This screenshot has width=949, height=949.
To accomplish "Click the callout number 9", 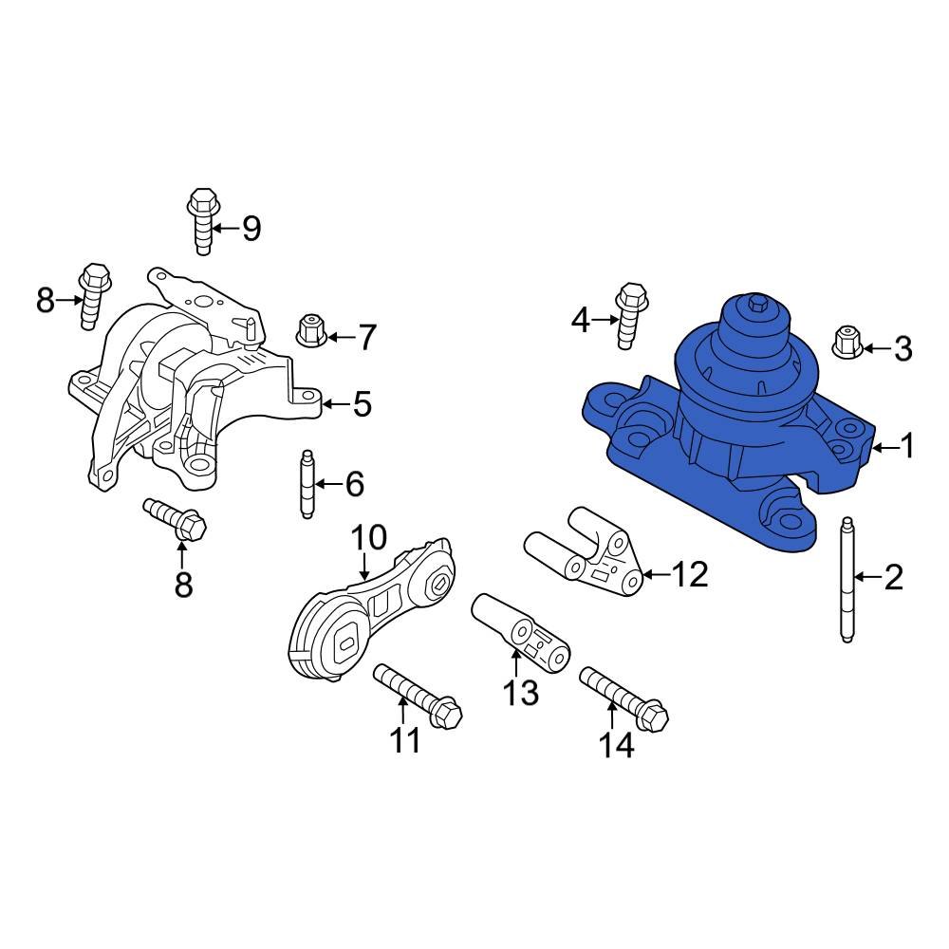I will coord(251,228).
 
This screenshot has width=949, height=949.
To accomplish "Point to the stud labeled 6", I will coord(306,485).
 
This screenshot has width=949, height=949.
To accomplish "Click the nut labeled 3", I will coord(847,342).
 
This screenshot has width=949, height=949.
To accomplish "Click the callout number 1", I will coord(907,445).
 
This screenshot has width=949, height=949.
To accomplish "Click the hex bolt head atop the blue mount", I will coord(756,304).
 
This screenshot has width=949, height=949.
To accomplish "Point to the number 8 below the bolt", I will coord(183,584).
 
